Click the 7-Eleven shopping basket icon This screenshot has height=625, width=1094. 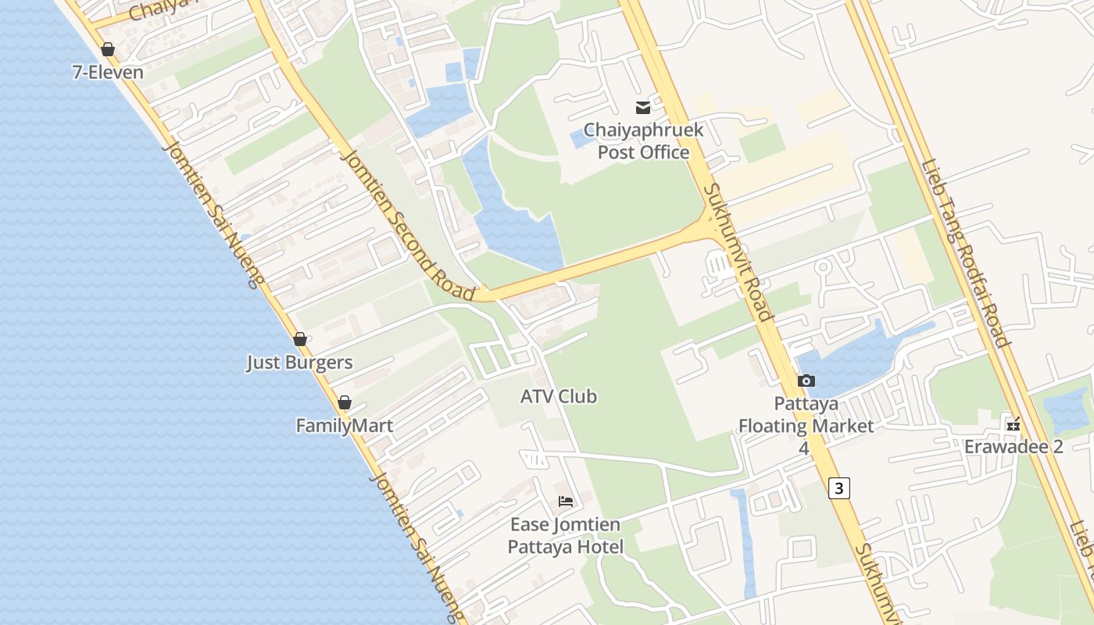point(108,49)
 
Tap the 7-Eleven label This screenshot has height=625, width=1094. point(108,73)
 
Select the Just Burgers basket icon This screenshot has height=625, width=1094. point(300,339)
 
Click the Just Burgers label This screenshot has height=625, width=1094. point(300,362)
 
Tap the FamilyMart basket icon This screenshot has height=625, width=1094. point(345,402)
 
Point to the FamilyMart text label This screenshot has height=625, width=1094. point(345,426)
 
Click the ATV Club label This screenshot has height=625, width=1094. point(559,396)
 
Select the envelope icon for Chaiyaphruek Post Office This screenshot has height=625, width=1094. point(643,108)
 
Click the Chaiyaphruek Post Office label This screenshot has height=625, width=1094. point(644,141)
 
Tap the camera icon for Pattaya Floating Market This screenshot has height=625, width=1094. point(806,380)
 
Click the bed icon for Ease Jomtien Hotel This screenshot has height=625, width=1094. point(566,501)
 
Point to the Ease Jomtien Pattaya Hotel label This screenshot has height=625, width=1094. point(566,535)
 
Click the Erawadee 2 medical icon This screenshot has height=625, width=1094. point(1014,425)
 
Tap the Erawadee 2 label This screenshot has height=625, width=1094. point(1014,447)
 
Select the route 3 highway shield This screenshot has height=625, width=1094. point(839,488)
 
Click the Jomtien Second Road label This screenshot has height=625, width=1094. point(408,225)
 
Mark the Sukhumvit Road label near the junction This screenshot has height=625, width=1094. point(738,252)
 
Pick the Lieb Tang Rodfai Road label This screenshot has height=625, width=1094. point(966,253)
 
